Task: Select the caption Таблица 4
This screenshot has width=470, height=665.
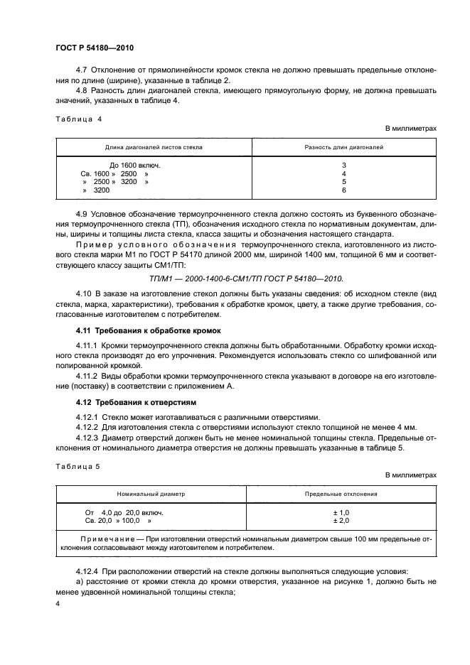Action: (79, 119)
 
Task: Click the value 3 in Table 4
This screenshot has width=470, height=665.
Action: (343, 165)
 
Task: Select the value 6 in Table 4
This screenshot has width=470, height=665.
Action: (343, 190)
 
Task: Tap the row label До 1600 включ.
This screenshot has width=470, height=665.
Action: (135, 165)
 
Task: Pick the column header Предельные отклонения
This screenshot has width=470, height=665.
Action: (341, 493)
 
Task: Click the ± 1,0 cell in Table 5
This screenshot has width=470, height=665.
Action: (341, 512)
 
